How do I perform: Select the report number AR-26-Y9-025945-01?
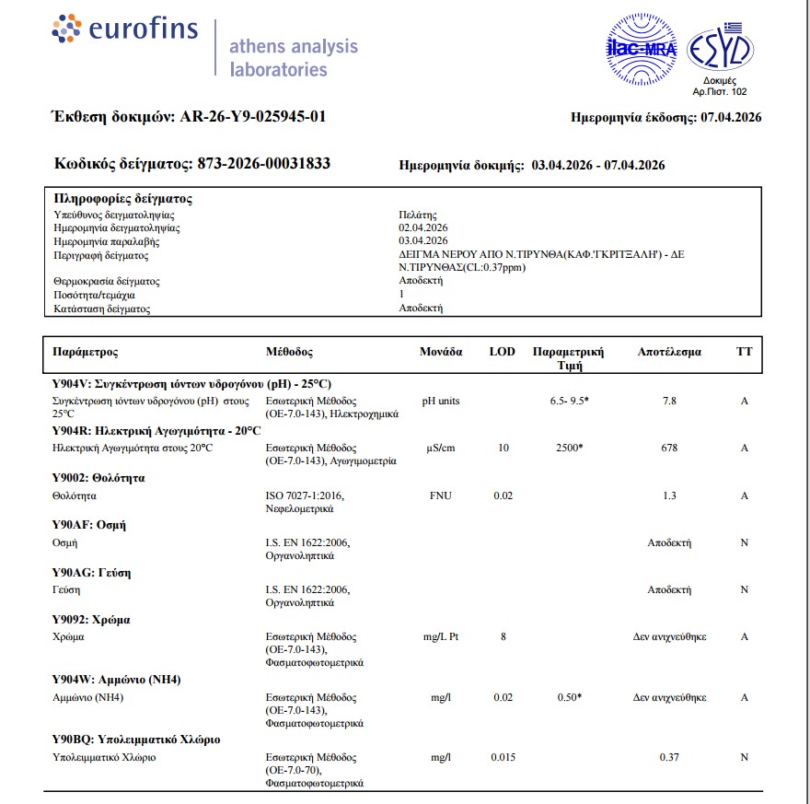(252, 117)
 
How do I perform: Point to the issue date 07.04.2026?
(731, 118)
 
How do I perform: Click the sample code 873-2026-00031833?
(264, 164)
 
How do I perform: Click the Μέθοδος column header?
(289, 352)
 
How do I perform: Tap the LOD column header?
(502, 352)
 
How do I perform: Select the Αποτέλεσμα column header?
(669, 352)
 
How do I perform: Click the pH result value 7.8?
(669, 402)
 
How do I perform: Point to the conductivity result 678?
(669, 449)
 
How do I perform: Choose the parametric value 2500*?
(570, 449)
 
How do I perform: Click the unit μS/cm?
(441, 449)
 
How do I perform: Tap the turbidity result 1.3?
(669, 496)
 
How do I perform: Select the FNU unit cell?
(441, 496)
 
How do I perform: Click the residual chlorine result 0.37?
(669, 757)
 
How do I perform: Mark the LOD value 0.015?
(503, 757)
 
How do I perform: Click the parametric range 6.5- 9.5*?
(569, 402)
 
